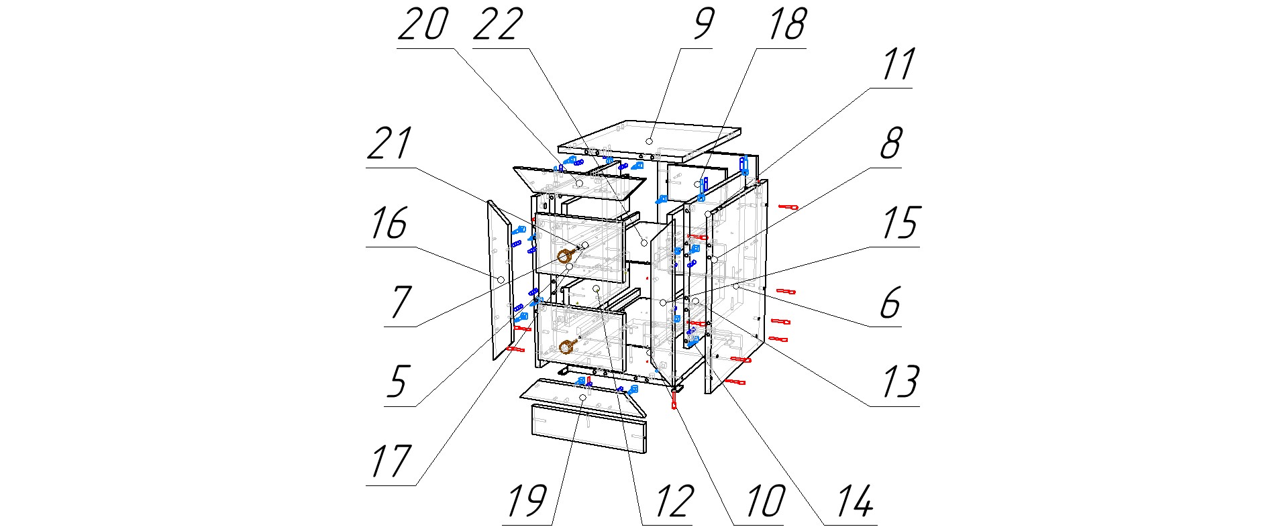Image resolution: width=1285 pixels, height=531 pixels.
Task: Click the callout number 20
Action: click(423, 25)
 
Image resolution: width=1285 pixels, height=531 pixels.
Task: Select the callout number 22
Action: click(498, 25)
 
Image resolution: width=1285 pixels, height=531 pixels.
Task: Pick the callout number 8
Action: click(890, 143)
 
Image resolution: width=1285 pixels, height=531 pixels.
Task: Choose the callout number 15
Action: click(900, 223)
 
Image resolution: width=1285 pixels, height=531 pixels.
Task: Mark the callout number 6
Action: click(890, 303)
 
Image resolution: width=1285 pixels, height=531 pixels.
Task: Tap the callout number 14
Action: click(855, 500)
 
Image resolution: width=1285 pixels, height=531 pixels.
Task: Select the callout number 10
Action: click(764, 500)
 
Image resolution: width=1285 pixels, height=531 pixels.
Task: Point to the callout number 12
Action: click(673, 500)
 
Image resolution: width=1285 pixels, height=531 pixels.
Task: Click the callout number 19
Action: click(527, 500)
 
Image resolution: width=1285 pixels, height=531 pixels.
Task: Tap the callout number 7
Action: click(400, 303)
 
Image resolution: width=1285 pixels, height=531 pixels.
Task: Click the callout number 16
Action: click(389, 223)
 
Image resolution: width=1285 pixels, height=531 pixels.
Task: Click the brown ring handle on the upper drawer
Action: click(566, 255)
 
